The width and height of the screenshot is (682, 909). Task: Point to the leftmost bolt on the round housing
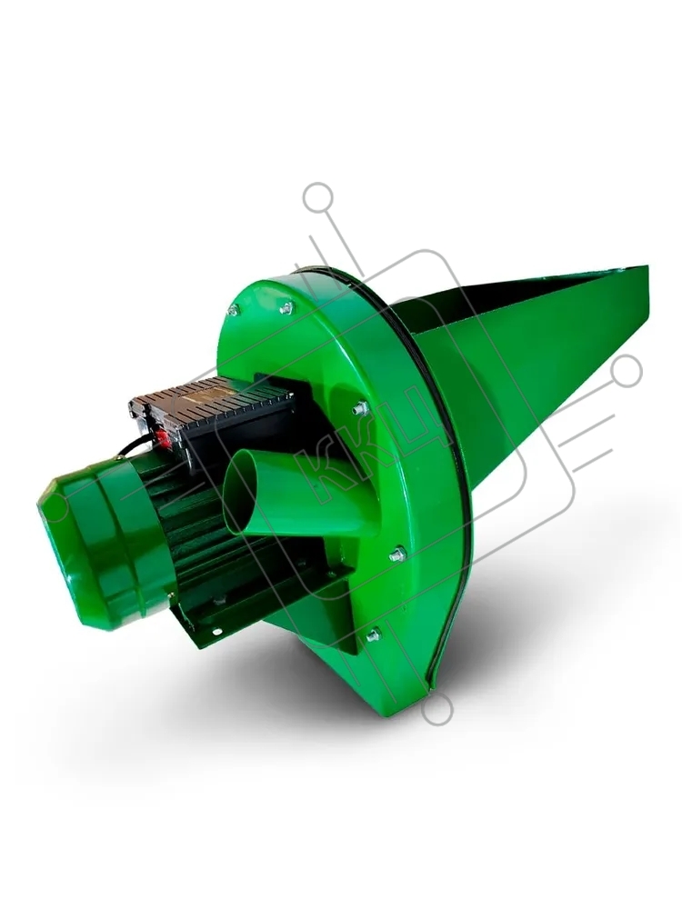[233, 311]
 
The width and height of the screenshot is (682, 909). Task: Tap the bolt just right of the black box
[360, 408]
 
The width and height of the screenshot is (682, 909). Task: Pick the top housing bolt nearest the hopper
[286, 308]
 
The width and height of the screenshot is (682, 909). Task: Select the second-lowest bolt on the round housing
[397, 554]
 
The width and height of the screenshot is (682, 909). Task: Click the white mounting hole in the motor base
[216, 632]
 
